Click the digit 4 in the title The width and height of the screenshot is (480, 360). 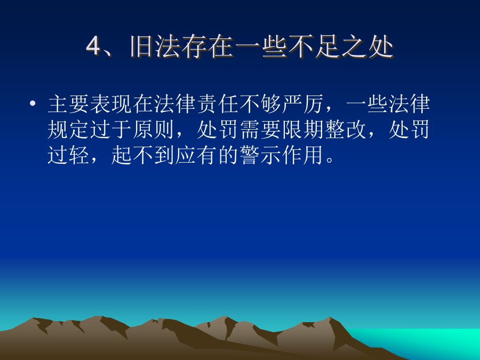point(93,46)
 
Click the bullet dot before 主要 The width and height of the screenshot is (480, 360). point(33,103)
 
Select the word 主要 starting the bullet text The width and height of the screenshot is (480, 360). point(69,104)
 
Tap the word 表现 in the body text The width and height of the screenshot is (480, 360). point(111,104)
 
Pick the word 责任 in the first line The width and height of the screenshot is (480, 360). point(218,104)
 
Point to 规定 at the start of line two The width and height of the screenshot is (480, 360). point(69,130)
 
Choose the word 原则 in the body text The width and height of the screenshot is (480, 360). point(154,130)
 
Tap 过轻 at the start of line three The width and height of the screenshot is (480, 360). point(69,155)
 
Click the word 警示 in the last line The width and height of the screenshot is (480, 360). point(261,155)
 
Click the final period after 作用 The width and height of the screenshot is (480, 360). point(330,160)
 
